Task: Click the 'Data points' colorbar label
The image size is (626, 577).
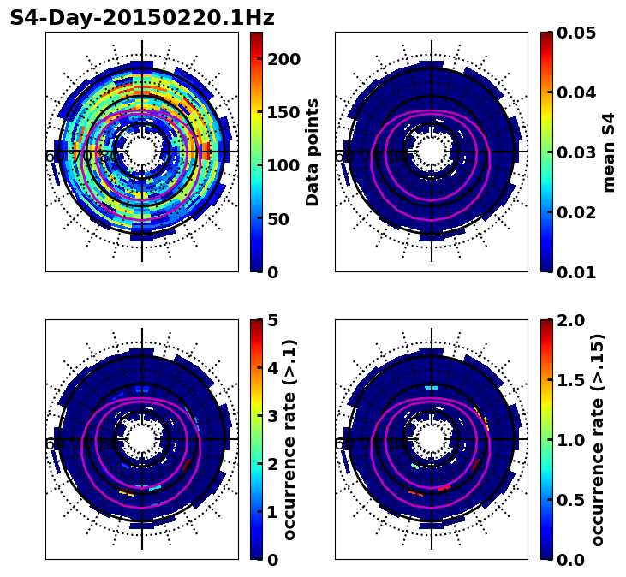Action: [x=313, y=152]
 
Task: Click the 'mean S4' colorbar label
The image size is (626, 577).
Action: [x=609, y=152]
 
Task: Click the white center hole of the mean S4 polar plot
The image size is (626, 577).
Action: [x=432, y=152]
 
